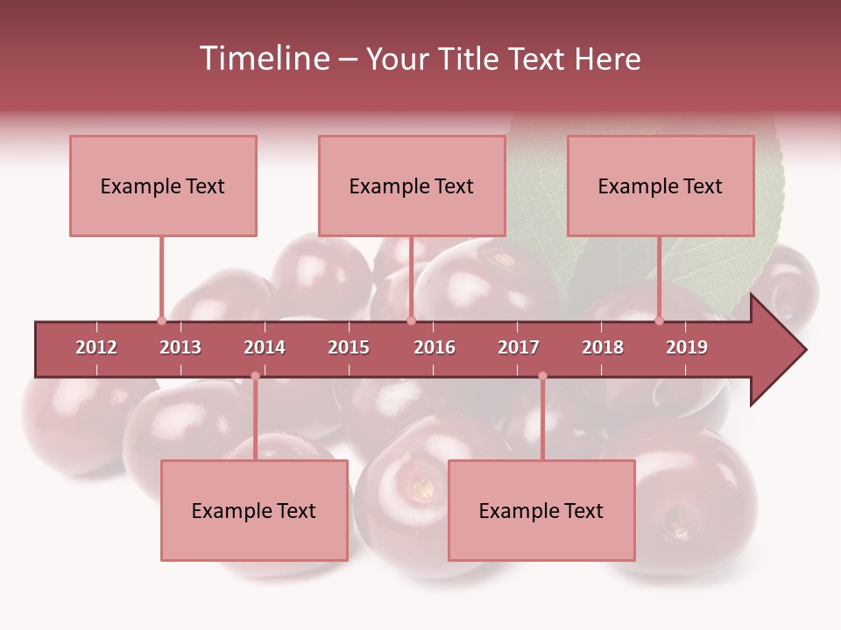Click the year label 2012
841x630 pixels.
(x=96, y=347)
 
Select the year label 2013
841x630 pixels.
(x=180, y=347)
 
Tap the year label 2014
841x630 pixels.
(x=265, y=347)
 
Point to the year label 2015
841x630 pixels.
(x=349, y=347)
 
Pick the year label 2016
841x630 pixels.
(x=435, y=347)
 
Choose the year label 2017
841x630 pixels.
(x=519, y=347)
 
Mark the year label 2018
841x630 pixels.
(x=603, y=347)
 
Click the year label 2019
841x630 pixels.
(x=687, y=347)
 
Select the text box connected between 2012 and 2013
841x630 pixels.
(x=163, y=185)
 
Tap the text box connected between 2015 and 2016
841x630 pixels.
(x=412, y=185)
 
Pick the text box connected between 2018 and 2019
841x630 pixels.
(x=661, y=185)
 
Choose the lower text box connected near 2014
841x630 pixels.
(x=254, y=510)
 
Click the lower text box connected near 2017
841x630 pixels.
(x=541, y=510)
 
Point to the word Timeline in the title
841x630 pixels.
(x=263, y=59)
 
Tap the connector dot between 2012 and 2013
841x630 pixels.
(x=161, y=320)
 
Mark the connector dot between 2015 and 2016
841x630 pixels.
(x=411, y=320)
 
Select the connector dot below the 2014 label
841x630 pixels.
(x=255, y=376)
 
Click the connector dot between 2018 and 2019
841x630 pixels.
(x=660, y=320)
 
